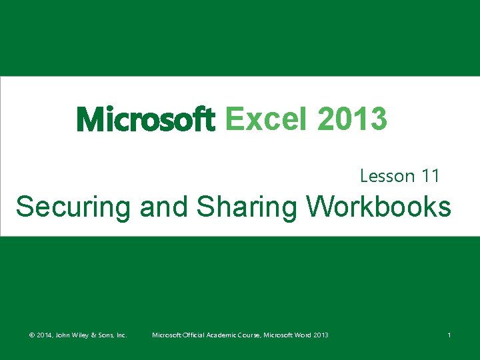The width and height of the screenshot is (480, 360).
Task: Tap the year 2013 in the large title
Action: coord(352,120)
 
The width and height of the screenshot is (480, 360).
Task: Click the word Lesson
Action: coord(387,176)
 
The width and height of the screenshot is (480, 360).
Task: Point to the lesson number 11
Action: coord(430,176)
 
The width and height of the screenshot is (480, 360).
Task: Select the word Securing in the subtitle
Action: coord(74,207)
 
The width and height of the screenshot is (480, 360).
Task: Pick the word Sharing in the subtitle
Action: coord(247,207)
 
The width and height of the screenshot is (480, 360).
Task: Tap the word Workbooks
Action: coord(379,207)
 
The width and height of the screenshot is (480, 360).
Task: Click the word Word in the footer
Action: coord(303,335)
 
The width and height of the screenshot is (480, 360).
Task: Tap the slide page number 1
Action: coord(449,335)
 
